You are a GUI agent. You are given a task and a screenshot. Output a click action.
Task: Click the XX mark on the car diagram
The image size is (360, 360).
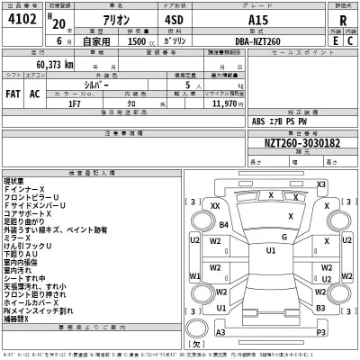[x=215, y=206]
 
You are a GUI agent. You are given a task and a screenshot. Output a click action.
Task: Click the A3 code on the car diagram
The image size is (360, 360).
[x=219, y=333]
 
